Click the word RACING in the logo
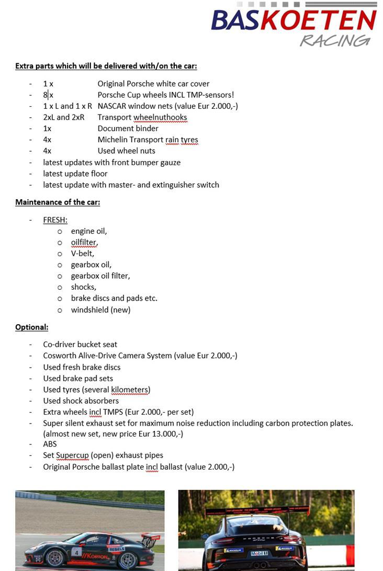pyautogui.click(x=335, y=40)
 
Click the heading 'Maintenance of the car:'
pyautogui.click(x=58, y=202)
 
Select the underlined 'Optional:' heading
pyautogui.click(x=31, y=327)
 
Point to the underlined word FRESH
pyautogui.click(x=55, y=220)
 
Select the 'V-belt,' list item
pyautogui.click(x=83, y=254)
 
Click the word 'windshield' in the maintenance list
pyautogui.click(x=89, y=310)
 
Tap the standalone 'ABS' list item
pyautogui.click(x=50, y=444)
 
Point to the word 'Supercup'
pyautogui.click(x=72, y=455)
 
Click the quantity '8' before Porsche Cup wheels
pyautogui.click(x=46, y=95)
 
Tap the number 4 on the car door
pyautogui.click(x=77, y=552)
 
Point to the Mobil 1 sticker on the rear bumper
pyautogui.click(x=260, y=553)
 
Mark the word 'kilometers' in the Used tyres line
pyautogui.click(x=130, y=390)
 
